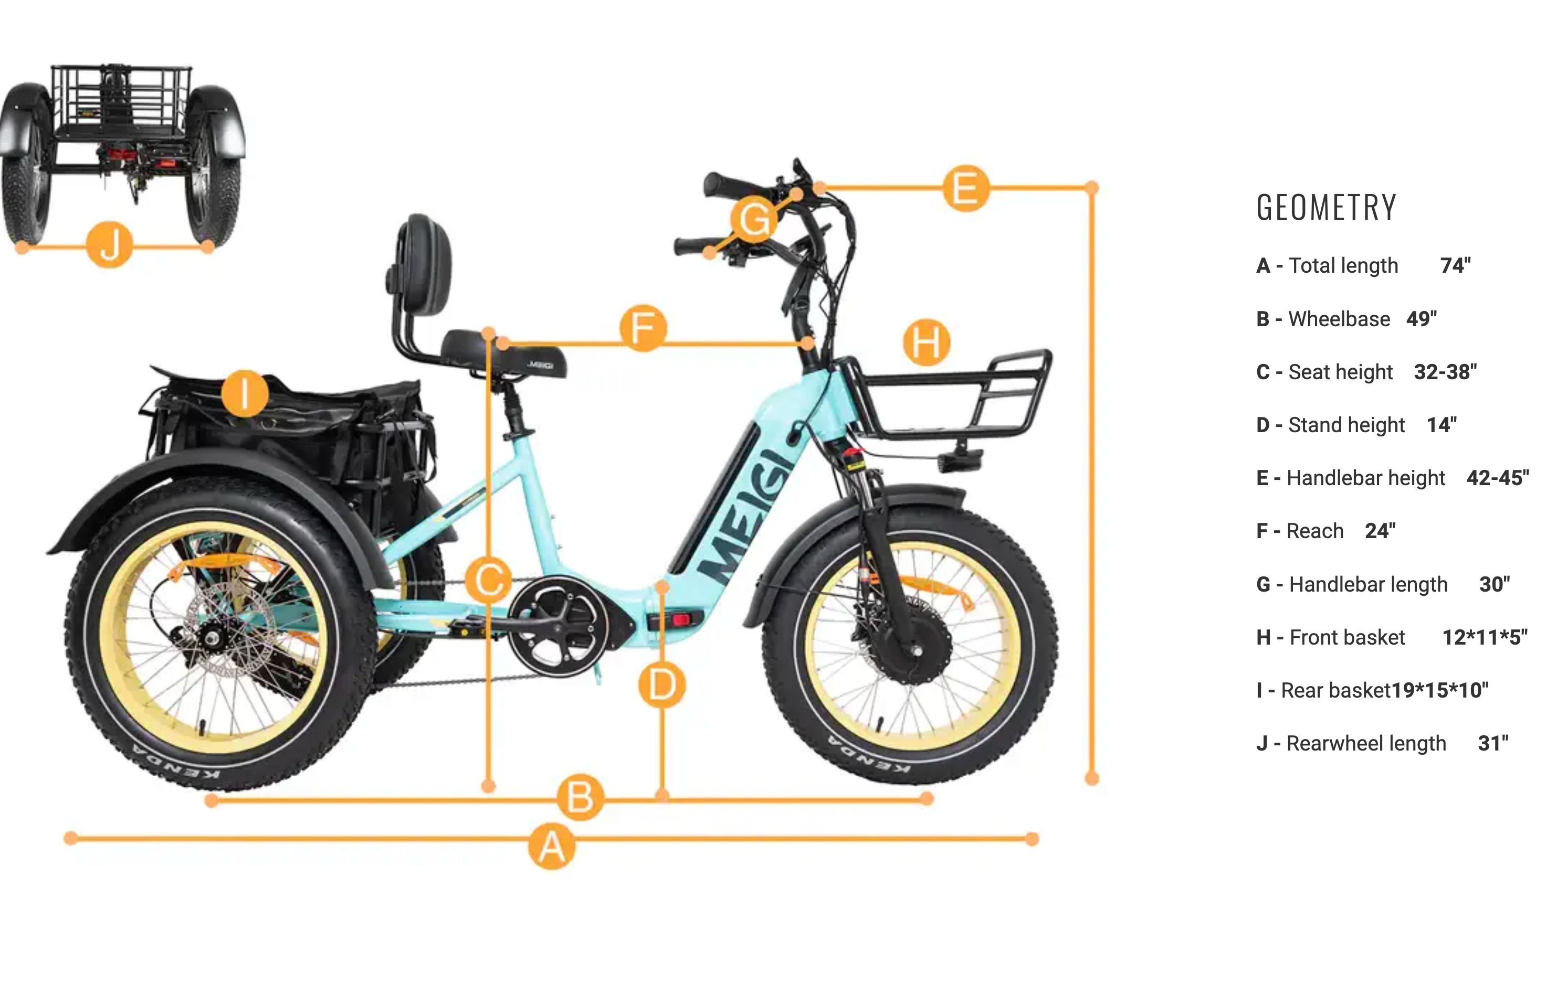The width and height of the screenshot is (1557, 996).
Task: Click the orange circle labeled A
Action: click(x=551, y=846)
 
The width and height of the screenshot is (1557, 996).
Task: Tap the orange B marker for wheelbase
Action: click(x=581, y=797)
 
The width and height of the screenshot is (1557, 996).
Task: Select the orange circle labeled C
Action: click(x=489, y=580)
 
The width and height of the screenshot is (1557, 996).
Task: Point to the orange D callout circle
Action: click(x=662, y=684)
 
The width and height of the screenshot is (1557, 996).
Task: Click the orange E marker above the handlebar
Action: click(x=966, y=188)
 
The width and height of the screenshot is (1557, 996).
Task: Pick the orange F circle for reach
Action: click(x=643, y=328)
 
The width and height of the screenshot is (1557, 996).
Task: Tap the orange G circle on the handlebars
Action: click(x=754, y=219)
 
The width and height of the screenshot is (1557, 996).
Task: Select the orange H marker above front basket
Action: click(x=927, y=342)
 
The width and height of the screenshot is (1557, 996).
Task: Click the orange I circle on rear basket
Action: click(x=245, y=393)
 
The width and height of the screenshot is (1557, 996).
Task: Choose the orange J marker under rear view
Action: click(x=110, y=244)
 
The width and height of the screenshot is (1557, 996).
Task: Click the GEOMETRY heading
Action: click(x=1326, y=208)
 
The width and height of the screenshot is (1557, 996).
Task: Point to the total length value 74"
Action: click(x=1455, y=265)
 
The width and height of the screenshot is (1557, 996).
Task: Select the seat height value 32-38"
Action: click(x=1445, y=372)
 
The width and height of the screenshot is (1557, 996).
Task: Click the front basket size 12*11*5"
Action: click(x=1485, y=637)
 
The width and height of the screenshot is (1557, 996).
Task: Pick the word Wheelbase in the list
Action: click(x=1339, y=319)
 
